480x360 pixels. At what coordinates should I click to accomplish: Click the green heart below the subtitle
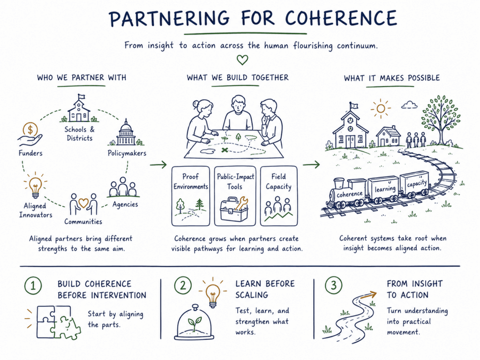click(242, 60)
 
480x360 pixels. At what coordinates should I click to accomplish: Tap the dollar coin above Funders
click(30, 130)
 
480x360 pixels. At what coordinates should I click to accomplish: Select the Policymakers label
click(127, 153)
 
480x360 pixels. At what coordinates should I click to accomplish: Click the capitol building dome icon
click(126, 133)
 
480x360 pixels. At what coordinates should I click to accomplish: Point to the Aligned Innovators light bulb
click(35, 187)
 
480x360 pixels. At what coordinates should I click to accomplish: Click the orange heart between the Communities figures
click(83, 202)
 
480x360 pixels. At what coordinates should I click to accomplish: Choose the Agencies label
click(125, 204)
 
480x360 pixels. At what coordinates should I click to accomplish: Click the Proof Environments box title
click(191, 181)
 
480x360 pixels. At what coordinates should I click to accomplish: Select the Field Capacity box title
click(278, 181)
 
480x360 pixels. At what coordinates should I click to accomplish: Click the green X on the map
click(225, 150)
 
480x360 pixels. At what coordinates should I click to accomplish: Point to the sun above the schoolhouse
click(381, 108)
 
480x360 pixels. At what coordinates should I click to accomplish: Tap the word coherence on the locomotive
click(349, 195)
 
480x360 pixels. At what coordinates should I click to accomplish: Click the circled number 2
click(183, 285)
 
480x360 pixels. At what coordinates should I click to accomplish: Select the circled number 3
click(333, 285)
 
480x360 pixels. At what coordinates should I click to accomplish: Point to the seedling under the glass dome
click(195, 323)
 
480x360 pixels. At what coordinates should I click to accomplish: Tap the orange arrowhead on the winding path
click(373, 294)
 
